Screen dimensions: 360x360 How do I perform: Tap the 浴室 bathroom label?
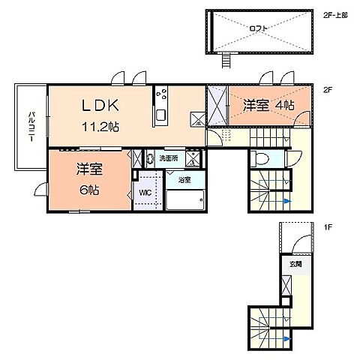click(x=184, y=180)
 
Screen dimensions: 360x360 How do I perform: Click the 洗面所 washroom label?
click(x=168, y=159)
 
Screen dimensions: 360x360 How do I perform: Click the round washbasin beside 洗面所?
click(x=149, y=159)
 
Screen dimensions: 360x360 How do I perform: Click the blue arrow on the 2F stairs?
click(x=288, y=201)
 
